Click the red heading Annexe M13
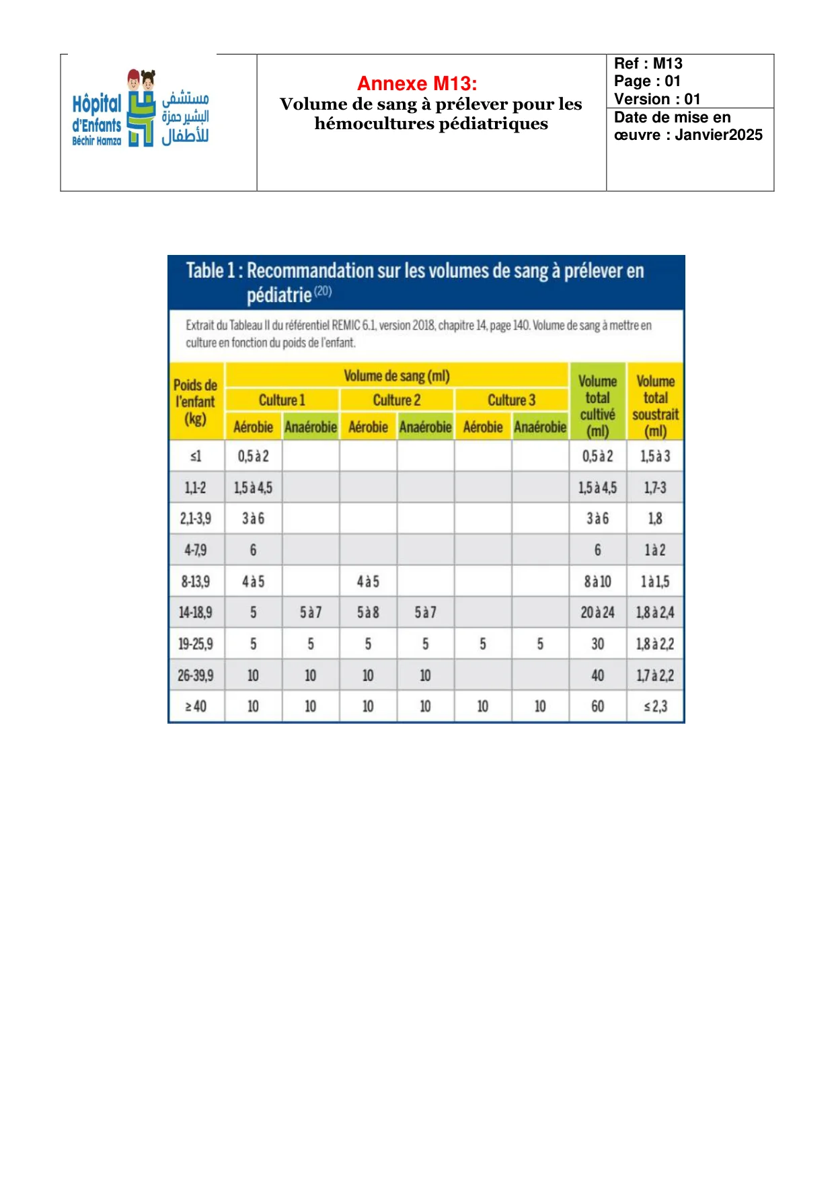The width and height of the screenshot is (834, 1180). [417, 83]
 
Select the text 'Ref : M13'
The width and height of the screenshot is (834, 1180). [648, 63]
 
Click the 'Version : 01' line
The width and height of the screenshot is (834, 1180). [657, 99]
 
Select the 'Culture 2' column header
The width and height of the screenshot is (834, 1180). [397, 400]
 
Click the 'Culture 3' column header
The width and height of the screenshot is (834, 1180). [512, 400]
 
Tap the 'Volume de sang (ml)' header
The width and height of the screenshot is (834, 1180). [397, 376]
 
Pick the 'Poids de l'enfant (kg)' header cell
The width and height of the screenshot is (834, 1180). [195, 402]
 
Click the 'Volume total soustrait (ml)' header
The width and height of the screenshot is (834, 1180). [655, 406]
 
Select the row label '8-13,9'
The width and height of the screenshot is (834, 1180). [195, 581]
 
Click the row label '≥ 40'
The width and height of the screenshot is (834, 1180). [195, 706]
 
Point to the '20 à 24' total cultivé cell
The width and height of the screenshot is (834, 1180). [597, 612]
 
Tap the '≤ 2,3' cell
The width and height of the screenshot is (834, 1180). [655, 706]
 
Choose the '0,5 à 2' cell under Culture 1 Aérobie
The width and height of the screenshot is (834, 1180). [253, 456]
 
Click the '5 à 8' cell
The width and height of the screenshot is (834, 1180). [368, 612]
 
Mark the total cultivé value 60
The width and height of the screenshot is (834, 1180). [597, 706]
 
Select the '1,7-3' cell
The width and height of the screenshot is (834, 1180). [655, 488]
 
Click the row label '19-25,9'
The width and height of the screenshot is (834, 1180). [195, 644]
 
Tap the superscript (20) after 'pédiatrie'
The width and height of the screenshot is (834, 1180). [323, 291]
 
